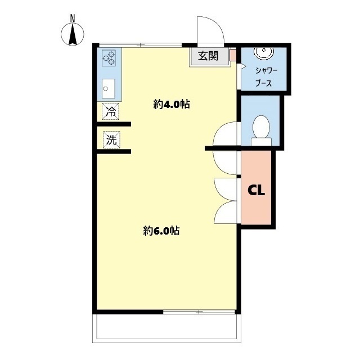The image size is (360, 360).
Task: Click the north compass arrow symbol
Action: (x=73, y=34)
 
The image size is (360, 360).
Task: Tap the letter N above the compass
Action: (x=73, y=19)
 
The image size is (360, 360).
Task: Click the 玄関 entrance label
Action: (x=208, y=56)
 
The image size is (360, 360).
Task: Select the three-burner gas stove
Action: (x=109, y=58)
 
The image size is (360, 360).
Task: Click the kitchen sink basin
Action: (x=109, y=88)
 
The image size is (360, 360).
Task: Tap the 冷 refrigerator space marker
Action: (x=111, y=111)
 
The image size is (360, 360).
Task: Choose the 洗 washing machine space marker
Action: (x=111, y=139)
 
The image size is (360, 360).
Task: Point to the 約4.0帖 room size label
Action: (x=172, y=105)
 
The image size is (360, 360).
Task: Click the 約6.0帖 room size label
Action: (x=161, y=231)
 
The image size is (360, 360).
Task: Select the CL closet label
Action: (x=256, y=190)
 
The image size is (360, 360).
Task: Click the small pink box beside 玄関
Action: (x=233, y=55)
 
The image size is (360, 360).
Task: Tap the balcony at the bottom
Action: (x=166, y=328)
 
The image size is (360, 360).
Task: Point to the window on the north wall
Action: (x=140, y=45)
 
